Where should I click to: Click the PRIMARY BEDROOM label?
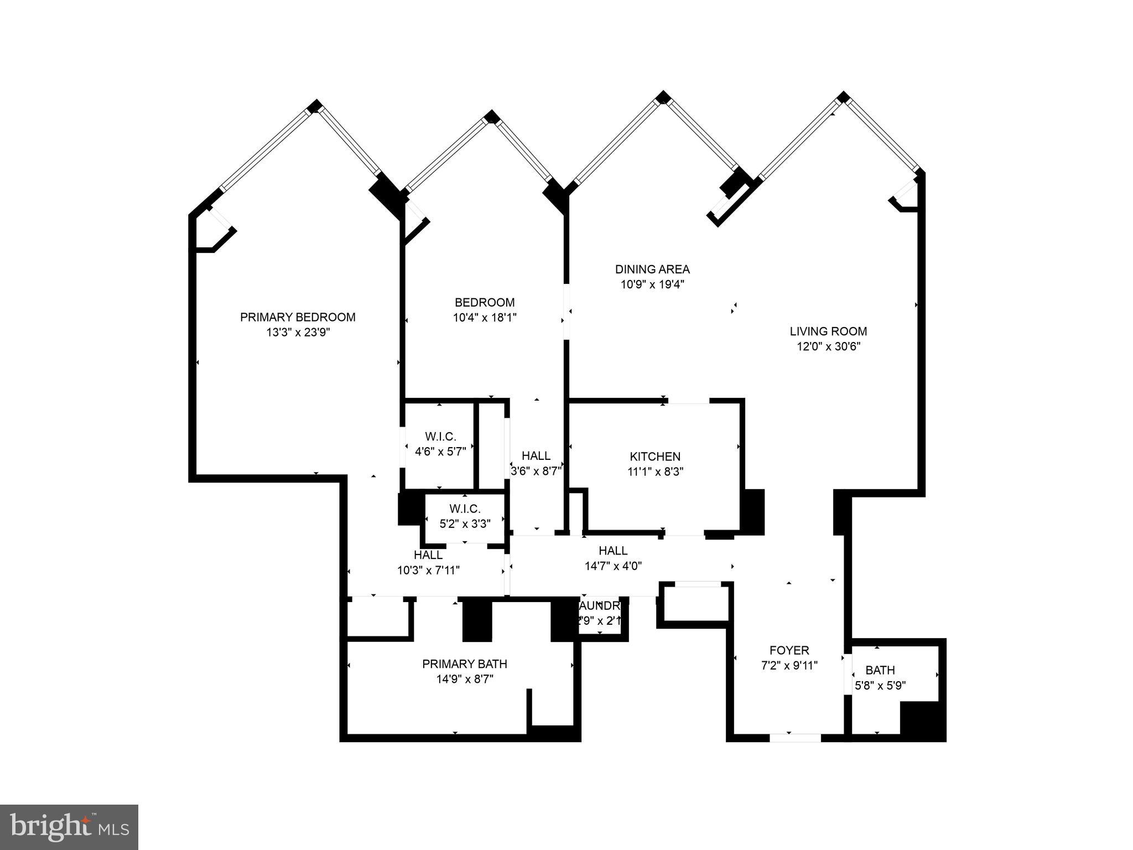[x=298, y=317]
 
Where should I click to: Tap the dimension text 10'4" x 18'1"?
[x=485, y=318]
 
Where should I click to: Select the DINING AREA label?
[x=652, y=269]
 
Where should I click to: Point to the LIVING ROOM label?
[x=828, y=331]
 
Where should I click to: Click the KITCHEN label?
[x=655, y=457]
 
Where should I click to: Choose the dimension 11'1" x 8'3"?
[x=655, y=472]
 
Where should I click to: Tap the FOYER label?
[x=789, y=650]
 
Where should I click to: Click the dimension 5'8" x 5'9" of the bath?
[x=880, y=686]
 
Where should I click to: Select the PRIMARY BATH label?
[x=465, y=664]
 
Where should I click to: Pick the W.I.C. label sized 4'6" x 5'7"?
[x=440, y=437]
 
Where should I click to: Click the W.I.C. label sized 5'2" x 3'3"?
[x=465, y=509]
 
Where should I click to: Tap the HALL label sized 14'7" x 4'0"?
[x=613, y=551]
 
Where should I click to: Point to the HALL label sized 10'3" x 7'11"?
[x=428, y=554]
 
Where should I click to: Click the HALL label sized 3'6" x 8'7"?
[x=536, y=455]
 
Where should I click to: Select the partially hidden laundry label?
[x=601, y=605]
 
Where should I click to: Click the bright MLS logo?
[x=69, y=827]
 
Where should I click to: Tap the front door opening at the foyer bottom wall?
[x=795, y=738]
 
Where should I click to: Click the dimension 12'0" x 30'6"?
[x=828, y=347]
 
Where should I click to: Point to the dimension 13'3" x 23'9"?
[x=298, y=333]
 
